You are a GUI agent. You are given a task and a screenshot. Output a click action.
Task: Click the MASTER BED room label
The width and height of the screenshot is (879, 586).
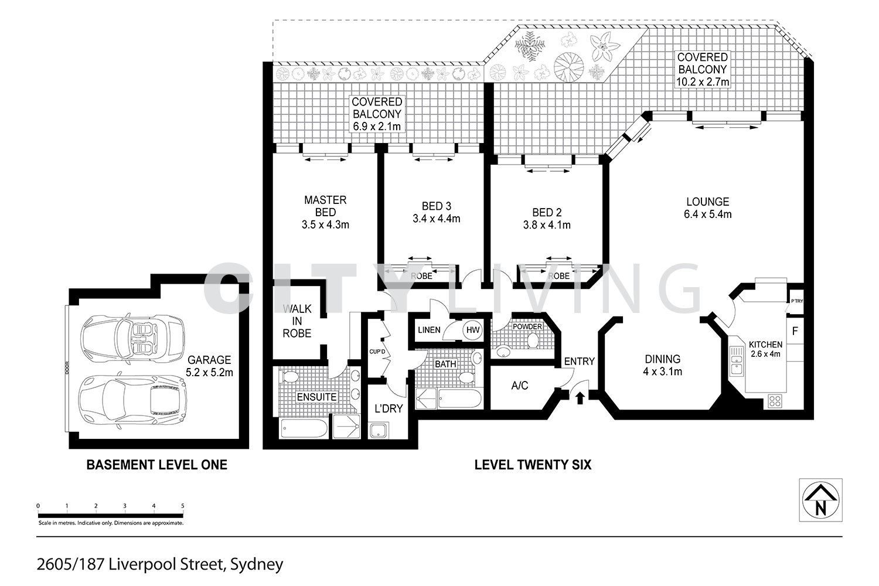[325, 212]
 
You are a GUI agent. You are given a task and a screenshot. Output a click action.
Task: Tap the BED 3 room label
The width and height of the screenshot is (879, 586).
[437, 212]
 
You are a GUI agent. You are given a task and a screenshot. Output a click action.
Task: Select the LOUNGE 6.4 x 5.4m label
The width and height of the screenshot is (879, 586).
[707, 208]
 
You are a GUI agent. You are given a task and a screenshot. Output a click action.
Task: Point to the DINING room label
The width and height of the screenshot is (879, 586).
[663, 364]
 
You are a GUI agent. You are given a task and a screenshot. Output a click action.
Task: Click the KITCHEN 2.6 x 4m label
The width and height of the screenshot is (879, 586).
[765, 349]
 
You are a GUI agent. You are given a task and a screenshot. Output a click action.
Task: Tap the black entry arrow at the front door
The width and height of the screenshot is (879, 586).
[580, 398]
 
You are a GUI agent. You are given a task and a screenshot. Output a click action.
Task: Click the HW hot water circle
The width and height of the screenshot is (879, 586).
[472, 331]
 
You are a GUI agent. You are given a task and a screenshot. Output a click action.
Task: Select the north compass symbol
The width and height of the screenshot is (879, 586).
[820, 500]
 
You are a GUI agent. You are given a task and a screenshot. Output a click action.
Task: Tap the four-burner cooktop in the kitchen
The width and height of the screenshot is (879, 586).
[775, 401]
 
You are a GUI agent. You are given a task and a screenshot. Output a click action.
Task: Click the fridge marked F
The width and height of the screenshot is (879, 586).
[795, 331]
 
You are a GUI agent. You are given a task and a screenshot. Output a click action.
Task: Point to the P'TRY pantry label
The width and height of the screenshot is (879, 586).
[796, 301]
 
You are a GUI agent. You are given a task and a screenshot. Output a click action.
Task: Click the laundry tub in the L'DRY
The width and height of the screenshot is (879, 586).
[379, 430]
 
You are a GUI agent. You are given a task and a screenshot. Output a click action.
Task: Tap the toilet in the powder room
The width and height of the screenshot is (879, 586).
[533, 340]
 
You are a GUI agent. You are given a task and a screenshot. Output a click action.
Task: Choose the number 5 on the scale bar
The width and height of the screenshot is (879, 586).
[183, 506]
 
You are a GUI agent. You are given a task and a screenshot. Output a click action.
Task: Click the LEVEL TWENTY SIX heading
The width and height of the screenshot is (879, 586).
[533, 465]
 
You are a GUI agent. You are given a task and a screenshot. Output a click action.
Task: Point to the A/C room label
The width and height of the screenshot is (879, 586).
[519, 385]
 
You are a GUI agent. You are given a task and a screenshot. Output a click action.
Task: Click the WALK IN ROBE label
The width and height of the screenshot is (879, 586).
[297, 321]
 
